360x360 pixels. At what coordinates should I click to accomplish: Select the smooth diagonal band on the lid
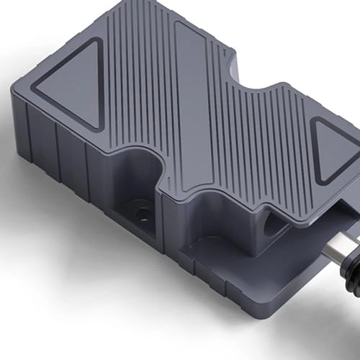point(209,108)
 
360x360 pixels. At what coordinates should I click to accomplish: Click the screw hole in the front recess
point(143,214)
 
